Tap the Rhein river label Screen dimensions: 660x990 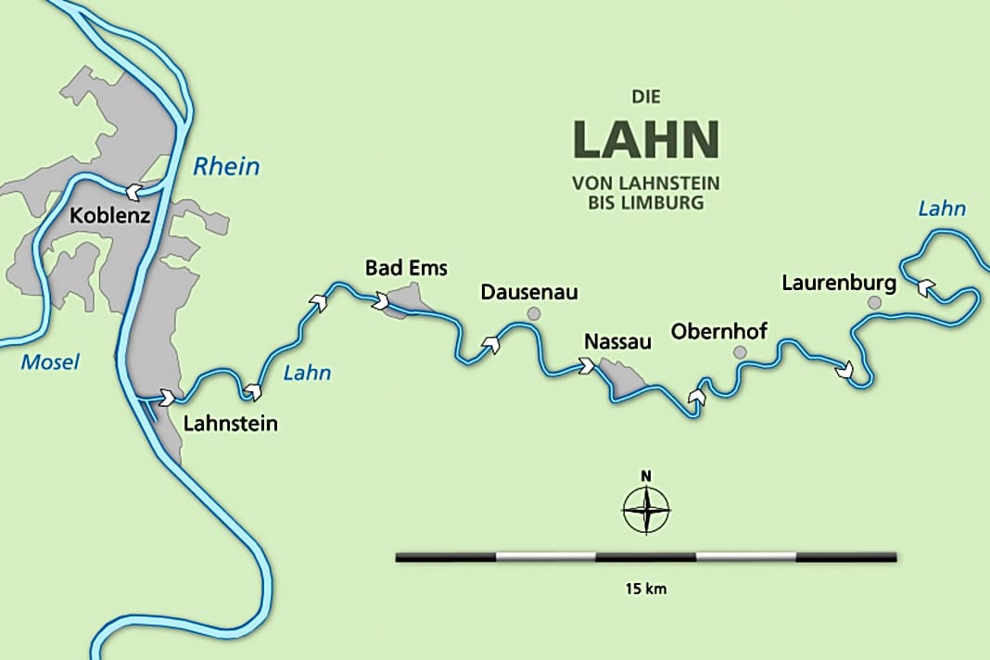click(x=226, y=167)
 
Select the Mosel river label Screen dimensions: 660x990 click(x=50, y=362)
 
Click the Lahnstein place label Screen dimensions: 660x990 click(x=231, y=425)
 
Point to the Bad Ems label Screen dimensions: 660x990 click(x=406, y=269)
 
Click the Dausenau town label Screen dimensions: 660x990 click(x=529, y=293)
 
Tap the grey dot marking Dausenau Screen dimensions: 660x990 click(x=533, y=314)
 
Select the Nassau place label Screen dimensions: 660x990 click(x=618, y=342)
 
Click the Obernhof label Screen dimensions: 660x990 click(x=719, y=331)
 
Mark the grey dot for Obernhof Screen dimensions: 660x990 click(x=739, y=352)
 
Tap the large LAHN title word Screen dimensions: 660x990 click(x=645, y=138)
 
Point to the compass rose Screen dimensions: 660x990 click(x=646, y=509)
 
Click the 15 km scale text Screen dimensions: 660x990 click(x=645, y=588)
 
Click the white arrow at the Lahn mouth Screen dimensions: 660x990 click(x=168, y=398)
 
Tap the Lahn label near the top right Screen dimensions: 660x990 click(x=941, y=209)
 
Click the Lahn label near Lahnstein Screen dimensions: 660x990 click(x=306, y=374)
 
